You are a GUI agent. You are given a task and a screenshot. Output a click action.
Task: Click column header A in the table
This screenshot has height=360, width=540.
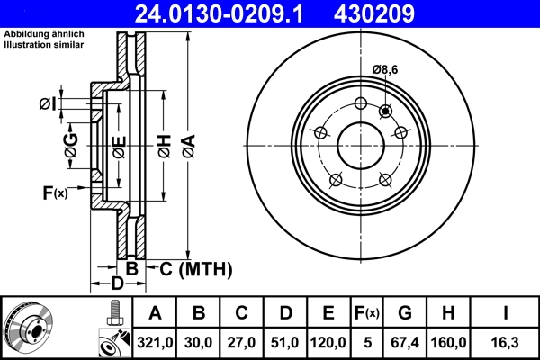(155, 313)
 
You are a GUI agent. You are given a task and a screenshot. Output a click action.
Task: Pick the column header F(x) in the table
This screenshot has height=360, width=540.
(366, 313)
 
